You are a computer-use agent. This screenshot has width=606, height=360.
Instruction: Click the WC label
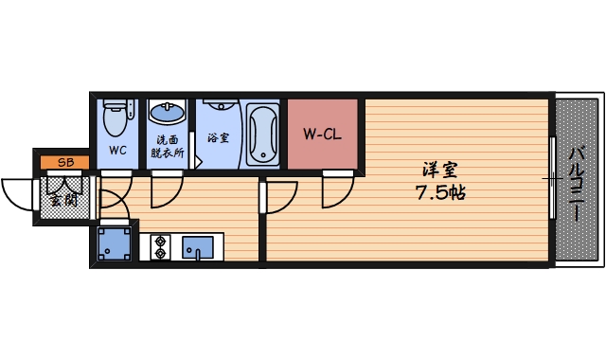pyautogui.click(x=118, y=150)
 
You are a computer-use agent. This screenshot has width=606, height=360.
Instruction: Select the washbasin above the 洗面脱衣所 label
pyautogui.click(x=169, y=113)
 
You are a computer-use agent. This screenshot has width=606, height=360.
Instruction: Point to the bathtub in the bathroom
pyautogui.click(x=262, y=133)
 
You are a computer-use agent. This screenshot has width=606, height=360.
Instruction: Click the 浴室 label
pyautogui.click(x=218, y=138)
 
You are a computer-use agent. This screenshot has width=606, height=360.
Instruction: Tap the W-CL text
pyautogui.click(x=322, y=134)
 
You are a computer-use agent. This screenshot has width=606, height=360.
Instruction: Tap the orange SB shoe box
pyautogui.click(x=66, y=162)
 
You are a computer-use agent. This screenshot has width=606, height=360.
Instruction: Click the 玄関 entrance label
pyautogui.click(x=64, y=198)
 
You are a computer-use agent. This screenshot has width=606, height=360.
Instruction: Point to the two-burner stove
pyautogui.click(x=158, y=246)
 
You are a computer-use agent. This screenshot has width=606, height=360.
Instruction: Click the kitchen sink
pyautogui.click(x=198, y=247)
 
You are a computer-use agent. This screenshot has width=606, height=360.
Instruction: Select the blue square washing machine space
pyautogui.click(x=115, y=243)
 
